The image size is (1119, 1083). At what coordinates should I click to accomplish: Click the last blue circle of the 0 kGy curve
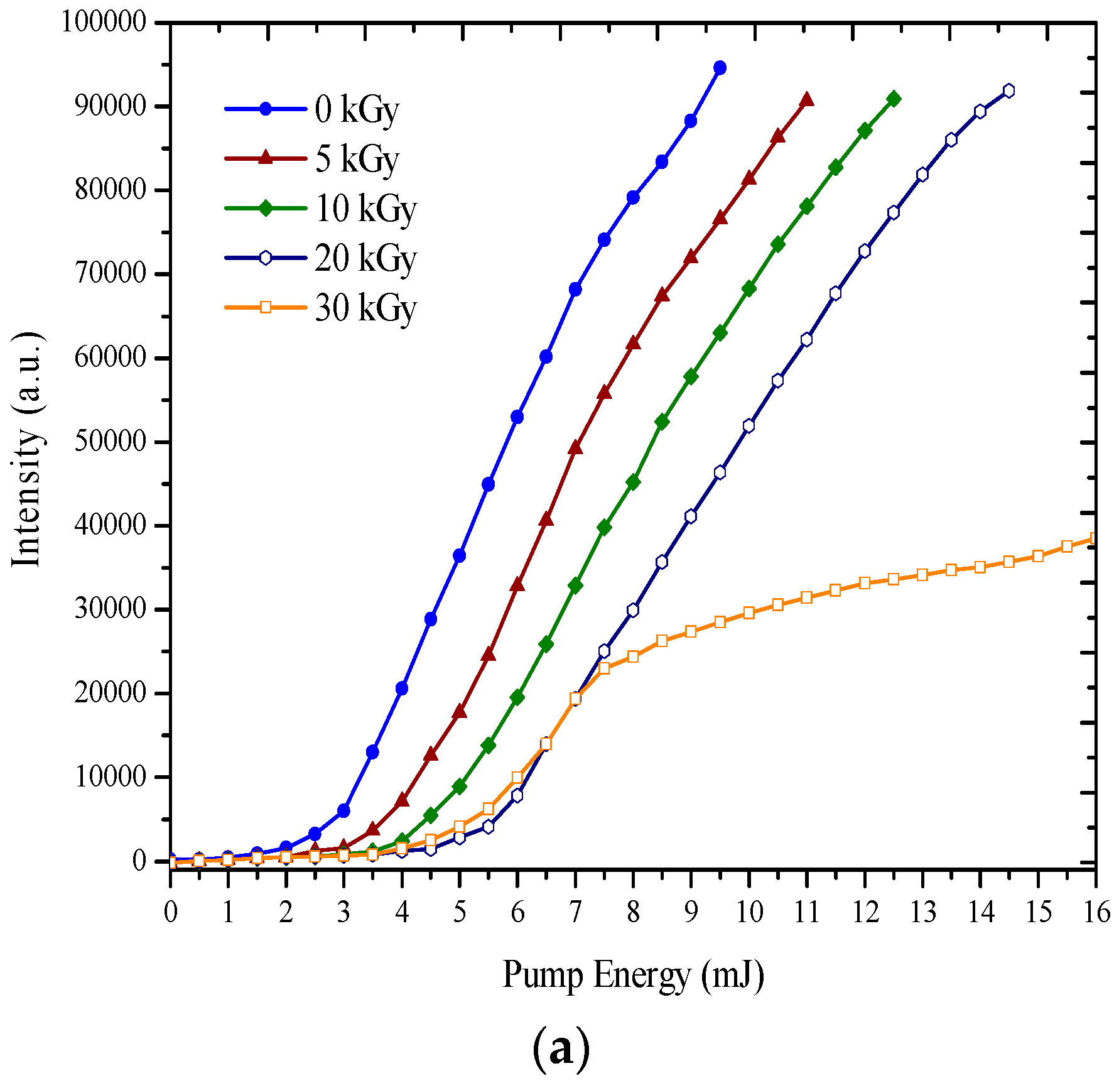click(720, 68)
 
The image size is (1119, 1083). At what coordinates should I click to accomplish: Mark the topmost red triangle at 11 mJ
click(806, 100)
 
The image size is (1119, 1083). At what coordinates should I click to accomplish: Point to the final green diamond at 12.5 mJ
click(894, 99)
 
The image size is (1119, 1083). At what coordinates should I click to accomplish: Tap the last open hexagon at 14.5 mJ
click(1008, 90)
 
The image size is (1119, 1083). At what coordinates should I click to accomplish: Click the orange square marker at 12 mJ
click(865, 583)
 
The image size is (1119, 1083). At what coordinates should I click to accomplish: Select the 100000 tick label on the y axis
click(104, 23)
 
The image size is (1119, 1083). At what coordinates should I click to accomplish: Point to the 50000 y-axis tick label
click(111, 442)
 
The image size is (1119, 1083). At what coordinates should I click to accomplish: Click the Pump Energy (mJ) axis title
click(632, 976)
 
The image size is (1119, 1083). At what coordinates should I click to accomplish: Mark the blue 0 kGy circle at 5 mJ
click(459, 555)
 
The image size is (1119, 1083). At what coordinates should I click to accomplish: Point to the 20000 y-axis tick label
click(111, 693)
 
